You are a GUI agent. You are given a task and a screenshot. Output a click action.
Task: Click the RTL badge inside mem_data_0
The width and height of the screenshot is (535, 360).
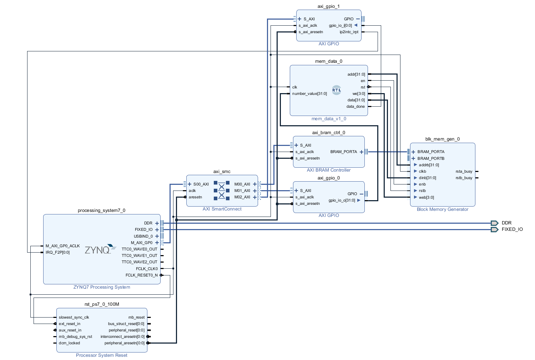click(x=337, y=90)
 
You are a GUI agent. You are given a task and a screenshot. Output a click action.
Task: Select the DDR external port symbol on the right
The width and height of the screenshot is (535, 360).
click(x=494, y=223)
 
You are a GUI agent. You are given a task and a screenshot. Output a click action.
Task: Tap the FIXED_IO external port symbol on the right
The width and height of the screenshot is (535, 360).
click(x=494, y=229)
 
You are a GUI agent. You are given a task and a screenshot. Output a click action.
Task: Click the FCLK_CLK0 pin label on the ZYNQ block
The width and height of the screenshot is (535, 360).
click(x=147, y=269)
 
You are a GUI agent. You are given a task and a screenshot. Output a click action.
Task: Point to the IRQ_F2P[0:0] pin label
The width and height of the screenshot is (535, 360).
click(x=58, y=252)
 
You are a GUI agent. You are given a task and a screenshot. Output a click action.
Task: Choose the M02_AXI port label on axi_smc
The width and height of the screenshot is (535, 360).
click(x=242, y=197)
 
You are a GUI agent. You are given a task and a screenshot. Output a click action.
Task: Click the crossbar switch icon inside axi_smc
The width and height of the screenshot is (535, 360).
click(x=222, y=191)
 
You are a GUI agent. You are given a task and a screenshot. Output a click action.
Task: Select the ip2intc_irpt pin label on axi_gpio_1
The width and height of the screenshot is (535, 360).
click(x=349, y=32)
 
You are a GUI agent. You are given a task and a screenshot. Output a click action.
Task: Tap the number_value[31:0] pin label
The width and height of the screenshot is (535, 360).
click(x=309, y=93)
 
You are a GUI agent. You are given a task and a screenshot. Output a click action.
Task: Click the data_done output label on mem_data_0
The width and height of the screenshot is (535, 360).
click(x=355, y=106)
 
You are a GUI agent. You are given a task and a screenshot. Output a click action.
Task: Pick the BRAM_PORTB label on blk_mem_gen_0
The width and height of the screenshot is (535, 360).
click(x=431, y=158)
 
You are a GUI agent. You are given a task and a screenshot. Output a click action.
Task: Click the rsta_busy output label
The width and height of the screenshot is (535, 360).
click(x=464, y=171)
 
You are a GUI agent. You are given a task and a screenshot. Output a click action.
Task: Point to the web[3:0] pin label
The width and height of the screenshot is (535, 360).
click(x=426, y=197)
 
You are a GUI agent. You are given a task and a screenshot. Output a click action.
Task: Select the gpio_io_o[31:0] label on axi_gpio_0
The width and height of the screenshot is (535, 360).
click(x=342, y=200)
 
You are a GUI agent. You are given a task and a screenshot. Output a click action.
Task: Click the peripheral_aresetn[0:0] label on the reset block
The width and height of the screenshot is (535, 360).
click(x=124, y=343)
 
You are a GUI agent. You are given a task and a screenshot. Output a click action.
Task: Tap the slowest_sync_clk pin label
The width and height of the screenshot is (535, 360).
click(x=74, y=317)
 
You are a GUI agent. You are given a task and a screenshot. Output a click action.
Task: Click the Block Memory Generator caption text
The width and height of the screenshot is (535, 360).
click(x=442, y=209)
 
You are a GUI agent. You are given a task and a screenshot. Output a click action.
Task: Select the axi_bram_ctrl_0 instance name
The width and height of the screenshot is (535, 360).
click(x=328, y=133)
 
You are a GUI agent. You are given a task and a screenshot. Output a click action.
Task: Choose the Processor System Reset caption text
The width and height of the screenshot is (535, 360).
click(x=101, y=355)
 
